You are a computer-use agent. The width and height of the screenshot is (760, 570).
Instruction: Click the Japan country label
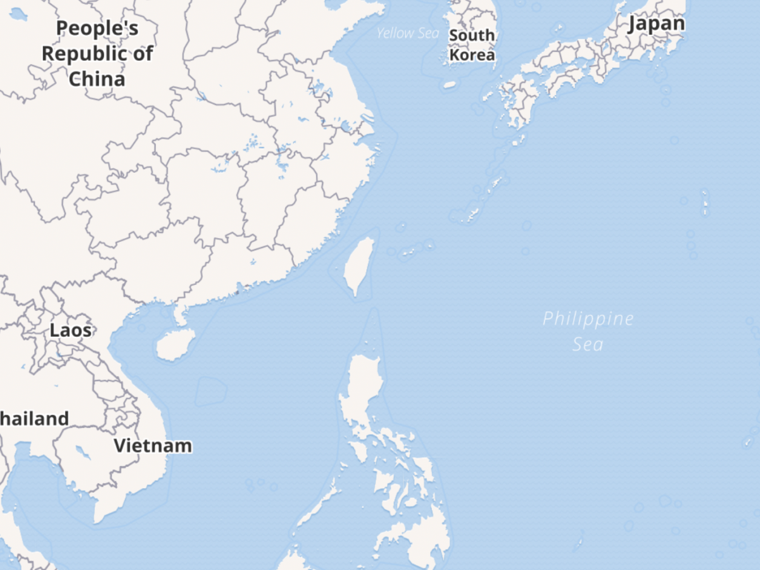(x=656, y=23)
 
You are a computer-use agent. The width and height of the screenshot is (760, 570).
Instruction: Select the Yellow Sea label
(x=407, y=33)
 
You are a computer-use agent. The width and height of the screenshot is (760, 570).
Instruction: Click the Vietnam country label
(x=153, y=445)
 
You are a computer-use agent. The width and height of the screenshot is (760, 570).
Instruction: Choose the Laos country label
(x=70, y=330)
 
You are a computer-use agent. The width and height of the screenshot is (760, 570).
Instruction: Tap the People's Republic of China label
(x=97, y=54)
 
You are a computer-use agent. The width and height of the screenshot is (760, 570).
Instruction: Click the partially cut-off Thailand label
(x=34, y=419)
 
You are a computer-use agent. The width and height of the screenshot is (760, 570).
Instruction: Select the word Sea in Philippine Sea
(x=588, y=345)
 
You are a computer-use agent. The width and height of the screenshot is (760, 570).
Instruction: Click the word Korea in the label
(x=472, y=55)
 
